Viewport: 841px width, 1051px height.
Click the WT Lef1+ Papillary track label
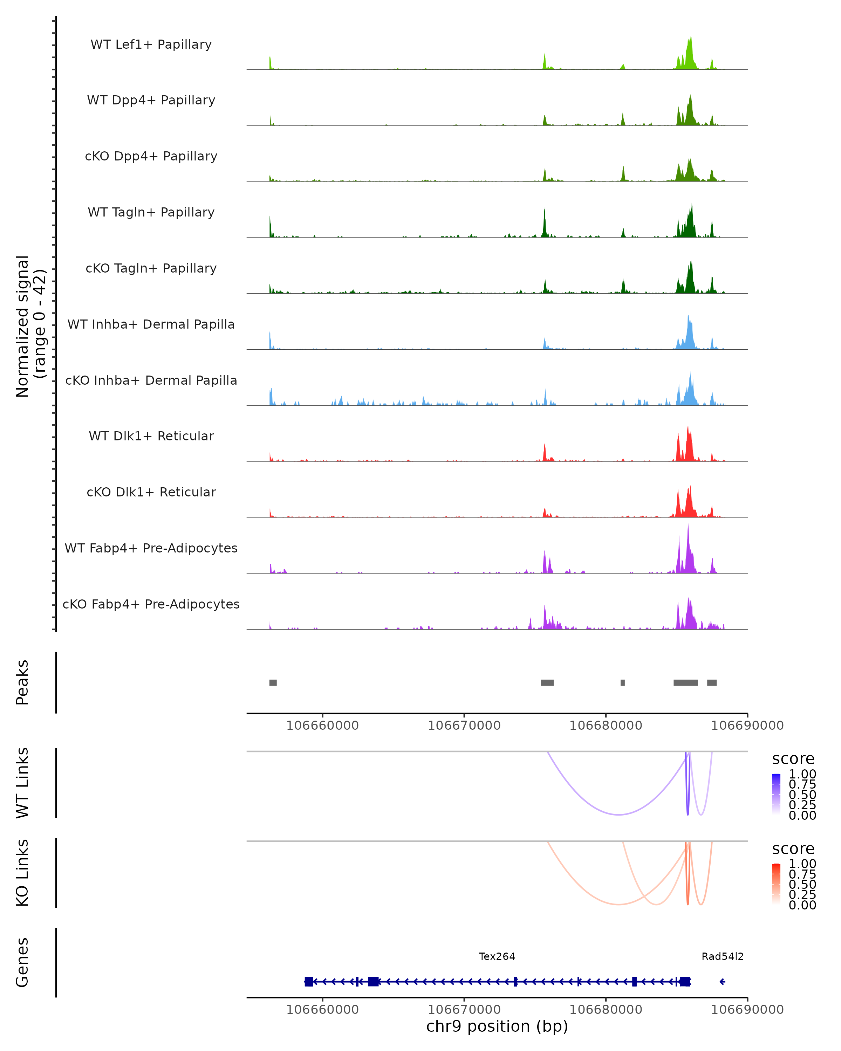(x=151, y=44)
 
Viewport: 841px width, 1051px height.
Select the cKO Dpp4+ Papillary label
(x=151, y=157)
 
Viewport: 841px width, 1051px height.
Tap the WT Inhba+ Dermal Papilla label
(x=151, y=325)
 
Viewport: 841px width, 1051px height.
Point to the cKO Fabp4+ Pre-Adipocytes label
(x=151, y=604)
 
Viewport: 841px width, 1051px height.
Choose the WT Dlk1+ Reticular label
(x=151, y=436)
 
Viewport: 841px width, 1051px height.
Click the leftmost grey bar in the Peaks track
(x=273, y=682)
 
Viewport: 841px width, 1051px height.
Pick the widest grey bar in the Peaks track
(x=685, y=682)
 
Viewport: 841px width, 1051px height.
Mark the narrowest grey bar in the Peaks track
(x=623, y=682)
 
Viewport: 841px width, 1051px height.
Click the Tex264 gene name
(x=497, y=956)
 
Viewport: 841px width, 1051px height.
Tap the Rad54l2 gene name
(x=723, y=956)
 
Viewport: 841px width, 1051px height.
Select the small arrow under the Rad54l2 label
(x=723, y=982)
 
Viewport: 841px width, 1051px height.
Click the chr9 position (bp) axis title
(x=497, y=1026)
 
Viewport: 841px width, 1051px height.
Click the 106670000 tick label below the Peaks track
(x=464, y=726)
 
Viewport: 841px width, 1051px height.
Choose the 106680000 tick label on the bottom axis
(x=606, y=1010)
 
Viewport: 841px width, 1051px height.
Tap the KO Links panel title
(x=22, y=873)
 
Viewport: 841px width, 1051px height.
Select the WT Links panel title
(x=22, y=783)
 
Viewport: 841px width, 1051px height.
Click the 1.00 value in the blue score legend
(x=802, y=774)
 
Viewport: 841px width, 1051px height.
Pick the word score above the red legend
(x=793, y=849)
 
